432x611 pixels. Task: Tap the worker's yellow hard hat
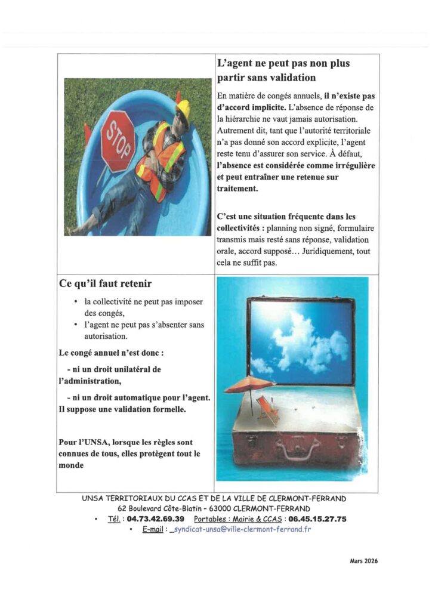183,109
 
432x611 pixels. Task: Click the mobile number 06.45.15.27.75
317,519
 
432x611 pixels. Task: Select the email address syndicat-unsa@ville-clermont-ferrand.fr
241,529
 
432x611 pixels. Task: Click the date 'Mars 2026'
363,561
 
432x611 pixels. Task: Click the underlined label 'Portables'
208,519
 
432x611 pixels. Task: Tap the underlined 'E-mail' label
153,529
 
